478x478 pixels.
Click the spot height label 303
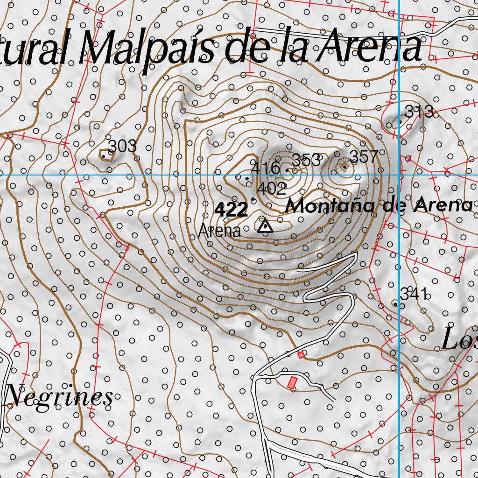tap(122, 146)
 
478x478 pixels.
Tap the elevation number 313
tap(419, 112)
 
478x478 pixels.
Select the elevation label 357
tap(364, 157)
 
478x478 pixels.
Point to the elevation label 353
tap(307, 160)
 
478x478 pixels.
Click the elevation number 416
tap(266, 168)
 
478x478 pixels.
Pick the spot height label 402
tap(272, 189)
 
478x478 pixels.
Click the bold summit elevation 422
tap(231, 210)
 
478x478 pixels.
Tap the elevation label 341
tap(414, 294)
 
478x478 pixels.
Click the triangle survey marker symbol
tap(265, 226)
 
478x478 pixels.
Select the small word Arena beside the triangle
tap(219, 231)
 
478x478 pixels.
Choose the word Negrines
tap(59, 397)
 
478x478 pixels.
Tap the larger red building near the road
tap(292, 383)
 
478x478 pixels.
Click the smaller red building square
tap(301, 355)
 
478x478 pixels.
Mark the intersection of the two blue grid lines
tap(400, 175)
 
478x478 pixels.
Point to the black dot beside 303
tap(103, 156)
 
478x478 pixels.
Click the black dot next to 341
tap(395, 304)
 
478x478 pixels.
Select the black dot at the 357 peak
tap(344, 167)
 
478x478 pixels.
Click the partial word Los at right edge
tap(459, 339)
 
